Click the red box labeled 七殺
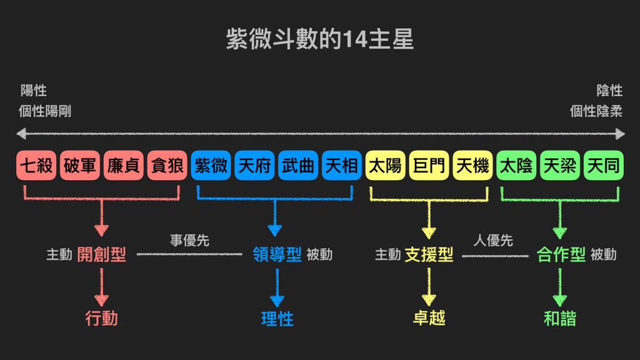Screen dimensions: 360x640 point(36,166)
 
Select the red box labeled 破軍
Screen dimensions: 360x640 point(80,166)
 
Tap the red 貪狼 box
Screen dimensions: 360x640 point(167,166)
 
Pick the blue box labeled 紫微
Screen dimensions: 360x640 point(211,166)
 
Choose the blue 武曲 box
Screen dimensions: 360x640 point(298,166)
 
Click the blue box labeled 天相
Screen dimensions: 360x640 point(342,166)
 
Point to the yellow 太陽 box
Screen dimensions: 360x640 point(386,166)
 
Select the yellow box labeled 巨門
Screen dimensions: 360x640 point(429,166)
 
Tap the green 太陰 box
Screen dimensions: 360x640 point(516,166)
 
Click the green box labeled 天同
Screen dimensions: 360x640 point(603,166)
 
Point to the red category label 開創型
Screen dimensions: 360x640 point(101,254)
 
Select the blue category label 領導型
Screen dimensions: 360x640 point(277,254)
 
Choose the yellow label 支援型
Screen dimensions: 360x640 point(429,254)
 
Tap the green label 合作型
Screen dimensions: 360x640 point(561,254)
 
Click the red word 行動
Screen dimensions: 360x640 point(101,319)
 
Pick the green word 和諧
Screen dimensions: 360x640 point(560,319)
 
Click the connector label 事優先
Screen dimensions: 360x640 point(189,241)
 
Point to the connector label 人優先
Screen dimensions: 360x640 point(493,241)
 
